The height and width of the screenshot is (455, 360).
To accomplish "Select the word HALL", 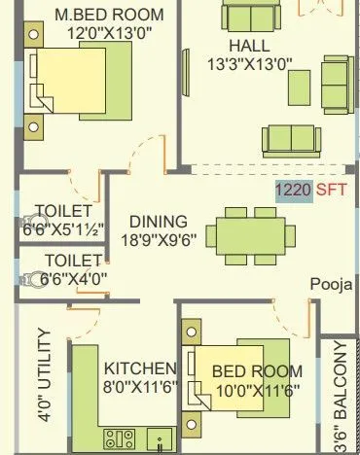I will click(x=250, y=46).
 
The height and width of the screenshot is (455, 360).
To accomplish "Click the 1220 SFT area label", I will click(x=293, y=191).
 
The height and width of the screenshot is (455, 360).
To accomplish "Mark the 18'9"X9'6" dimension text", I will click(x=158, y=238).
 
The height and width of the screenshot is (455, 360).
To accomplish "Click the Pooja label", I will click(x=330, y=285).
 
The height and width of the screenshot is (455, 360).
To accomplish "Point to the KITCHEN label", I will click(x=140, y=369).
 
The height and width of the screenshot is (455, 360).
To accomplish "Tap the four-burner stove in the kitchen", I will click(x=119, y=438).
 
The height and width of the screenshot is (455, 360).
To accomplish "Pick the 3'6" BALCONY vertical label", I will click(x=340, y=399).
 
